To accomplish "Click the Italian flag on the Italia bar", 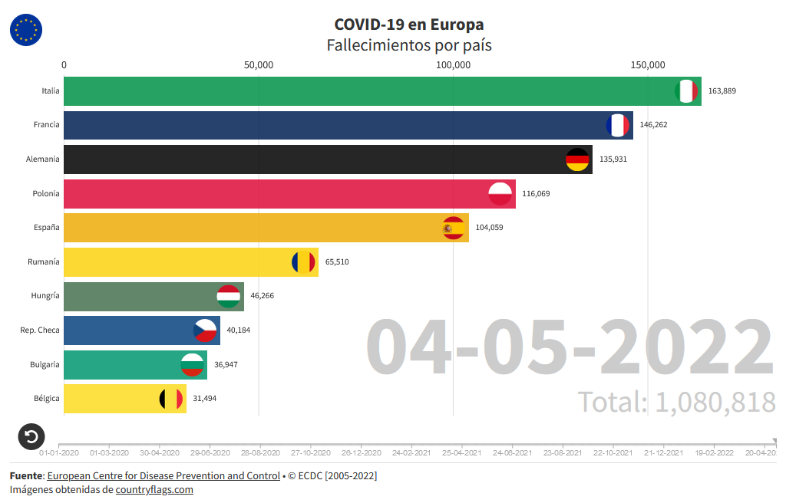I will (x=686, y=91).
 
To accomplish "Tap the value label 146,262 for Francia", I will (x=653, y=125).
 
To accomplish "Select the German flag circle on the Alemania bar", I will (x=577, y=159).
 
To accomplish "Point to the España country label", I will (x=46, y=228).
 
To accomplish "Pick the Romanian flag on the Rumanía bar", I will (x=303, y=262).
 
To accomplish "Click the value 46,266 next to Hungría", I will (x=266, y=296).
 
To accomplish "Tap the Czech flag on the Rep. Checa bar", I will (x=205, y=330).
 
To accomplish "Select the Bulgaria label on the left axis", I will (x=45, y=365).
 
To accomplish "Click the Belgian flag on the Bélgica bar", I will (x=171, y=399).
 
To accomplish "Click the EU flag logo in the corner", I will (x=26, y=30).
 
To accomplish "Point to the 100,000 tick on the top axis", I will (x=453, y=65).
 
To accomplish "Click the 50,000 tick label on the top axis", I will (x=259, y=65).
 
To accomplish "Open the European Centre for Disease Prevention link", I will (x=163, y=476).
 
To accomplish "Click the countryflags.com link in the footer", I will (x=154, y=490).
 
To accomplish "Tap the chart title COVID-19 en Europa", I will (x=409, y=25).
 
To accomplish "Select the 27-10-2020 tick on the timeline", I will (x=311, y=453).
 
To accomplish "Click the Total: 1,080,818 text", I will (x=676, y=402).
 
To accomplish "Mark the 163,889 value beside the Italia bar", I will (x=722, y=91).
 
